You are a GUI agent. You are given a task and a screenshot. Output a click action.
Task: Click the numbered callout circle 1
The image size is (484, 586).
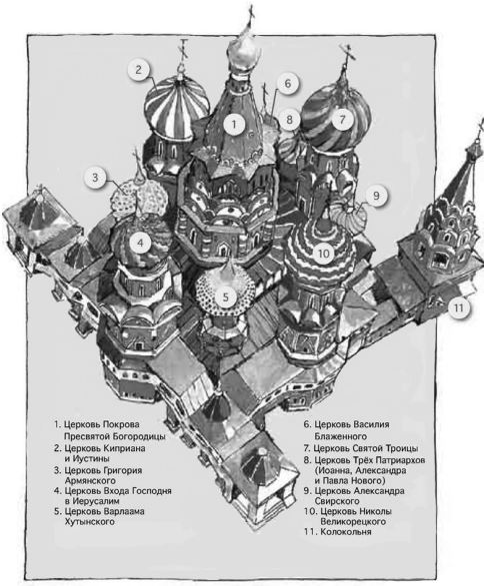[x=234, y=124]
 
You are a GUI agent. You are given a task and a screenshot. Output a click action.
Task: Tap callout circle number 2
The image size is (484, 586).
[x=139, y=70]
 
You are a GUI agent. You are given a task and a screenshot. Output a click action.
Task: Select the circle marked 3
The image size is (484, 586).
[x=95, y=177]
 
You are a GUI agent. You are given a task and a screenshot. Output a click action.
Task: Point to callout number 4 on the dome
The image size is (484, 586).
[x=140, y=244]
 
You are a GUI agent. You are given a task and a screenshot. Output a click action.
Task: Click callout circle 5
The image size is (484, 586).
[x=226, y=297]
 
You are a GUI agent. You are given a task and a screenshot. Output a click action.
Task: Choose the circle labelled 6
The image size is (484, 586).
[x=287, y=83]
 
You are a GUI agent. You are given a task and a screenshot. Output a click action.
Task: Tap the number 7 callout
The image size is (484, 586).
[x=343, y=119]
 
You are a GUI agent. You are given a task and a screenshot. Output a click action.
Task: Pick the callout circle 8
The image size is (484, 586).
[x=289, y=119]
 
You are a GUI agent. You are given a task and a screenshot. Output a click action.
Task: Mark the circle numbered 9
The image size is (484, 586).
[x=376, y=196]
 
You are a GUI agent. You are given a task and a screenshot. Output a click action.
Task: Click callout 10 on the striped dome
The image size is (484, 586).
[x=324, y=254]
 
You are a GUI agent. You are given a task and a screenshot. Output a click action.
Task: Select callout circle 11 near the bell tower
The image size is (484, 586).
[x=459, y=307]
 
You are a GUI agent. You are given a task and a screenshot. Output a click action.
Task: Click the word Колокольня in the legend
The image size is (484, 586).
[x=346, y=532]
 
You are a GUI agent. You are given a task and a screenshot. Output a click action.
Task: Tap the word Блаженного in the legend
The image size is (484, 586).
[x=341, y=436]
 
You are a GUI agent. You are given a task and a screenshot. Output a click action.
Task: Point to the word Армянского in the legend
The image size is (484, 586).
[x=90, y=480]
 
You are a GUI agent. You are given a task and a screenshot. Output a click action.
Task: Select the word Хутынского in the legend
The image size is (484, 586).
[x=89, y=521]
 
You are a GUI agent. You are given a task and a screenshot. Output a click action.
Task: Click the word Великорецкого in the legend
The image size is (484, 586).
[x=353, y=521]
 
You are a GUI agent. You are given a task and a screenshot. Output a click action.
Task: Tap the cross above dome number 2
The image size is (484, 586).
[x=184, y=50]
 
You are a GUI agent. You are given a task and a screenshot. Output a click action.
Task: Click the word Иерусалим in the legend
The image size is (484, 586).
[x=96, y=501]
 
